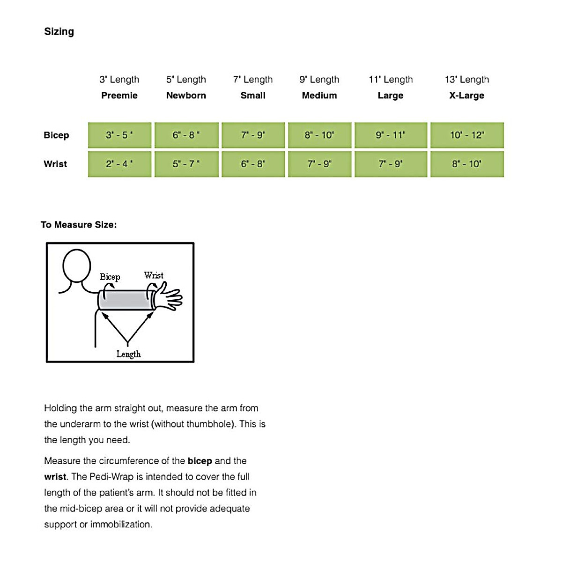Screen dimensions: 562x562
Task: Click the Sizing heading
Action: click(x=59, y=31)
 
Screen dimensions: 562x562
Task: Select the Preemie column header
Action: click(x=119, y=96)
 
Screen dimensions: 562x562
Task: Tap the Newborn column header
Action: click(x=186, y=96)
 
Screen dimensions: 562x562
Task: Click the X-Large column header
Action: click(x=466, y=96)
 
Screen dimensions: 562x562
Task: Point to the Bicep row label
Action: click(x=56, y=135)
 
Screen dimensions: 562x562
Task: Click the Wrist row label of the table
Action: click(x=55, y=164)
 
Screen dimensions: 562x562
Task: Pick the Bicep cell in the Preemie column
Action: click(x=119, y=135)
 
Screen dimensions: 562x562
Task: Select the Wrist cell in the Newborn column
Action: click(x=186, y=164)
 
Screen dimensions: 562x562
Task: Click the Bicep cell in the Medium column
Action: click(x=319, y=135)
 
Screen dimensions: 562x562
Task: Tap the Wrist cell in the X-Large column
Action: click(x=466, y=164)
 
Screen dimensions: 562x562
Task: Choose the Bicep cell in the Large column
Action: click(x=391, y=135)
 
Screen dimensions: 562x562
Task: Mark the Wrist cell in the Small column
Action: click(x=253, y=164)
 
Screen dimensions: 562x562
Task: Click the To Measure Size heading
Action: click(x=79, y=225)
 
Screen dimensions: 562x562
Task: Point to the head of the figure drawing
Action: click(x=77, y=265)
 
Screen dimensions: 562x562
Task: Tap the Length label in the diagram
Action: click(x=128, y=354)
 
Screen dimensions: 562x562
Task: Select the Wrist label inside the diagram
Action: click(x=154, y=275)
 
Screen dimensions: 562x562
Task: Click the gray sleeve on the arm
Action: click(x=126, y=300)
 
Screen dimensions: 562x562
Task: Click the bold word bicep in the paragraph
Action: click(x=200, y=461)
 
